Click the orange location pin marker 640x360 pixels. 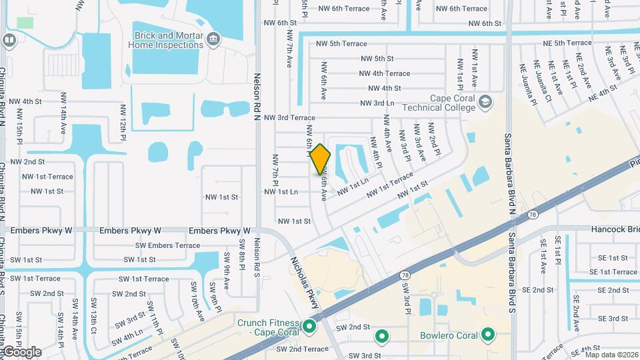coord(320,159)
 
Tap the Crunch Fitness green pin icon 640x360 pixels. coord(309,327)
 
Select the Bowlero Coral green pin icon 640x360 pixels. coord(489,335)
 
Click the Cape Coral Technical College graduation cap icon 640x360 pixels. coord(485,102)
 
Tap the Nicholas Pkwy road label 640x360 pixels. coord(305,283)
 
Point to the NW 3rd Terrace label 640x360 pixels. coord(289,118)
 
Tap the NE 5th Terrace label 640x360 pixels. coord(567,43)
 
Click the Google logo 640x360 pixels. coord(21,351)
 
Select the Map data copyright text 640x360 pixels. coord(611,354)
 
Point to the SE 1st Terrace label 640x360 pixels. coord(613,272)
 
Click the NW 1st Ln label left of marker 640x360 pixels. coord(281,191)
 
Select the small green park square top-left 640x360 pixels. coord(25,22)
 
